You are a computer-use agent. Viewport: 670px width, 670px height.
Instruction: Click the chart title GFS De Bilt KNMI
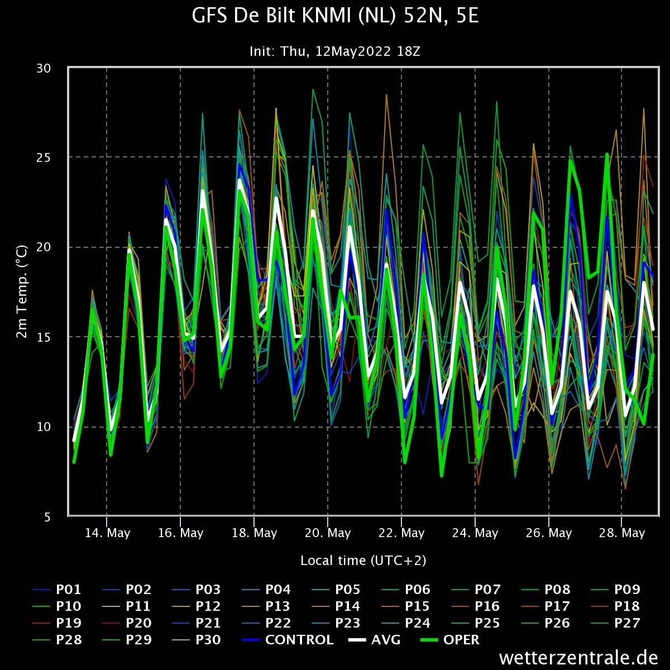click(x=335, y=17)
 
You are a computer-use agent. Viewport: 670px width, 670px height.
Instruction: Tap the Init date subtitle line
click(x=335, y=51)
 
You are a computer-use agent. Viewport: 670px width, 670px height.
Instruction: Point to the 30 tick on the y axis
click(x=44, y=68)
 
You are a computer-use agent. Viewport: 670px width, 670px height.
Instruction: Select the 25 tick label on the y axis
click(x=44, y=157)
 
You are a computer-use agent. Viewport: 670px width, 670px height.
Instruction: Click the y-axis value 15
click(x=44, y=337)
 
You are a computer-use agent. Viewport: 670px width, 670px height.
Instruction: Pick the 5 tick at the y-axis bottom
click(x=47, y=516)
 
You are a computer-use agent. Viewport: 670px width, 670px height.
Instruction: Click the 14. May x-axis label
click(x=107, y=533)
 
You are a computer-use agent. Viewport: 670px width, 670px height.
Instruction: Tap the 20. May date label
click(x=328, y=533)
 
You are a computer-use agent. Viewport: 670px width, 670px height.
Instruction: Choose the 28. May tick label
click(x=623, y=533)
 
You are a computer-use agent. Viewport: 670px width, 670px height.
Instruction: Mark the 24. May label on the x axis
click(x=475, y=533)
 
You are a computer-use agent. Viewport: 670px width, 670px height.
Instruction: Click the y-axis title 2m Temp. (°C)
click(x=21, y=291)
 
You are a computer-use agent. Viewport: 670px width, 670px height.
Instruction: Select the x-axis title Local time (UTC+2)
click(x=363, y=560)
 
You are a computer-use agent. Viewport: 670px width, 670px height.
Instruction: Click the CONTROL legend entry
click(x=299, y=640)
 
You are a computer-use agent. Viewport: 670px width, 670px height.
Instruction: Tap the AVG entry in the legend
click(x=386, y=640)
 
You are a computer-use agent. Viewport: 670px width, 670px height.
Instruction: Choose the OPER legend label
click(x=461, y=640)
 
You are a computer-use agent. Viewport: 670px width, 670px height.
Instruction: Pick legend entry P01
click(x=69, y=590)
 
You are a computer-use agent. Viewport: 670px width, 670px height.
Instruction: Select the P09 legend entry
click(x=627, y=590)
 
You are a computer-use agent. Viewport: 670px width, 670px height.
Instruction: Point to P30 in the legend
click(x=208, y=640)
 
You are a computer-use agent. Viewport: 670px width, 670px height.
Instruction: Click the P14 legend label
click(x=348, y=606)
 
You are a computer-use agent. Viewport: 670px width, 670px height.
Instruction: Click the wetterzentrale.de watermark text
click(x=578, y=658)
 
